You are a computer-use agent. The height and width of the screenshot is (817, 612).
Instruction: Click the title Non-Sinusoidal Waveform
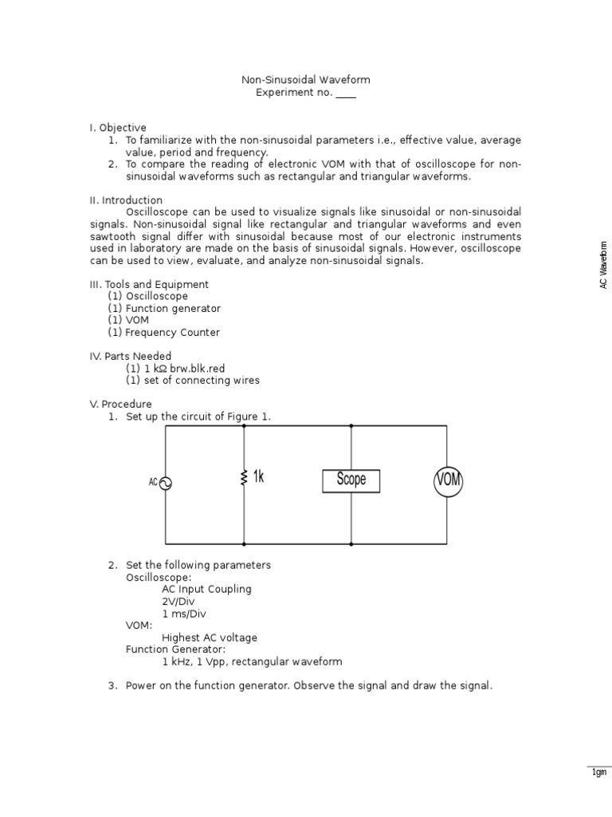(x=306, y=80)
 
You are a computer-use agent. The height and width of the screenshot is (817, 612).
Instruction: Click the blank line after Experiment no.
(x=346, y=93)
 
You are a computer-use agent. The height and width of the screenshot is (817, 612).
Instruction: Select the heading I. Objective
(x=118, y=128)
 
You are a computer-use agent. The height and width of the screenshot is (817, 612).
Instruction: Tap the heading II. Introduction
(x=126, y=199)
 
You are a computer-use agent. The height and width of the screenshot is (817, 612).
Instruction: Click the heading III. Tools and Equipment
(x=149, y=284)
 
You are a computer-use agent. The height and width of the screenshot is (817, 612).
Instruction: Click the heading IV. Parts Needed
(x=130, y=356)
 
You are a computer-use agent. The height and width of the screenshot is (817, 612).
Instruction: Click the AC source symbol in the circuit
(x=166, y=483)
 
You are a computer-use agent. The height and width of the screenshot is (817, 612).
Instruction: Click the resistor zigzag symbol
(x=244, y=479)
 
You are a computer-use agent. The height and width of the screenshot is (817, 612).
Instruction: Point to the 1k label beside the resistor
(x=258, y=477)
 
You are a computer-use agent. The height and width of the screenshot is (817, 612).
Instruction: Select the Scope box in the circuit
(x=351, y=480)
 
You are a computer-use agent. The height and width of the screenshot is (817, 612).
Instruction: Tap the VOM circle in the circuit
(x=448, y=481)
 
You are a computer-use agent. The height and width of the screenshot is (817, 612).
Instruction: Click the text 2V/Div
(x=178, y=601)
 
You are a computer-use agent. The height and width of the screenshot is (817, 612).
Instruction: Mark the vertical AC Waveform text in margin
(x=603, y=264)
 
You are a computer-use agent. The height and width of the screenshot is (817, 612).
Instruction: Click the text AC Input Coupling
(x=206, y=589)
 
